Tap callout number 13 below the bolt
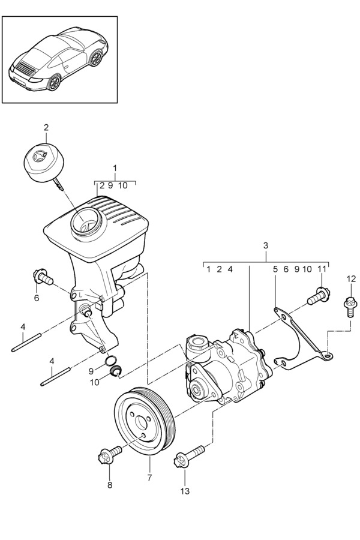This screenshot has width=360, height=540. (x=185, y=491)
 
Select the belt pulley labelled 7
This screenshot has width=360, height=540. (x=144, y=421)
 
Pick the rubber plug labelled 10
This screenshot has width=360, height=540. (x=115, y=371)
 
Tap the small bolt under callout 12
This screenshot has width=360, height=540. (x=350, y=307)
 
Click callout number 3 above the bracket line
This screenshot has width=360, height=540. (x=265, y=245)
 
